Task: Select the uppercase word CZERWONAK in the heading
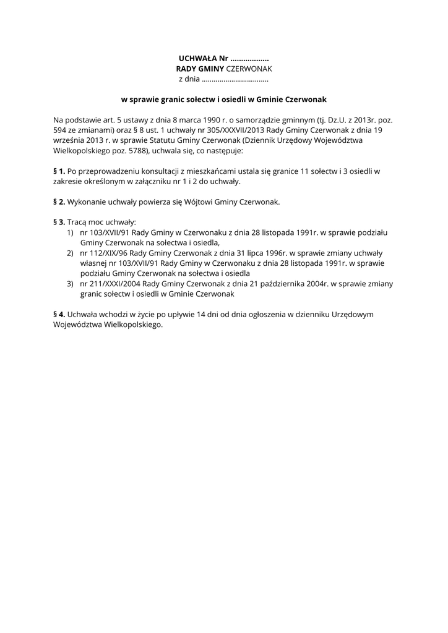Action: (x=246, y=69)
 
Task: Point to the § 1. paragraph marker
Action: (x=59, y=171)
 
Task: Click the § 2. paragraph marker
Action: (x=59, y=202)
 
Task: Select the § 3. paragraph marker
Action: (x=59, y=222)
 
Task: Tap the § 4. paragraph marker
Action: (x=59, y=315)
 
